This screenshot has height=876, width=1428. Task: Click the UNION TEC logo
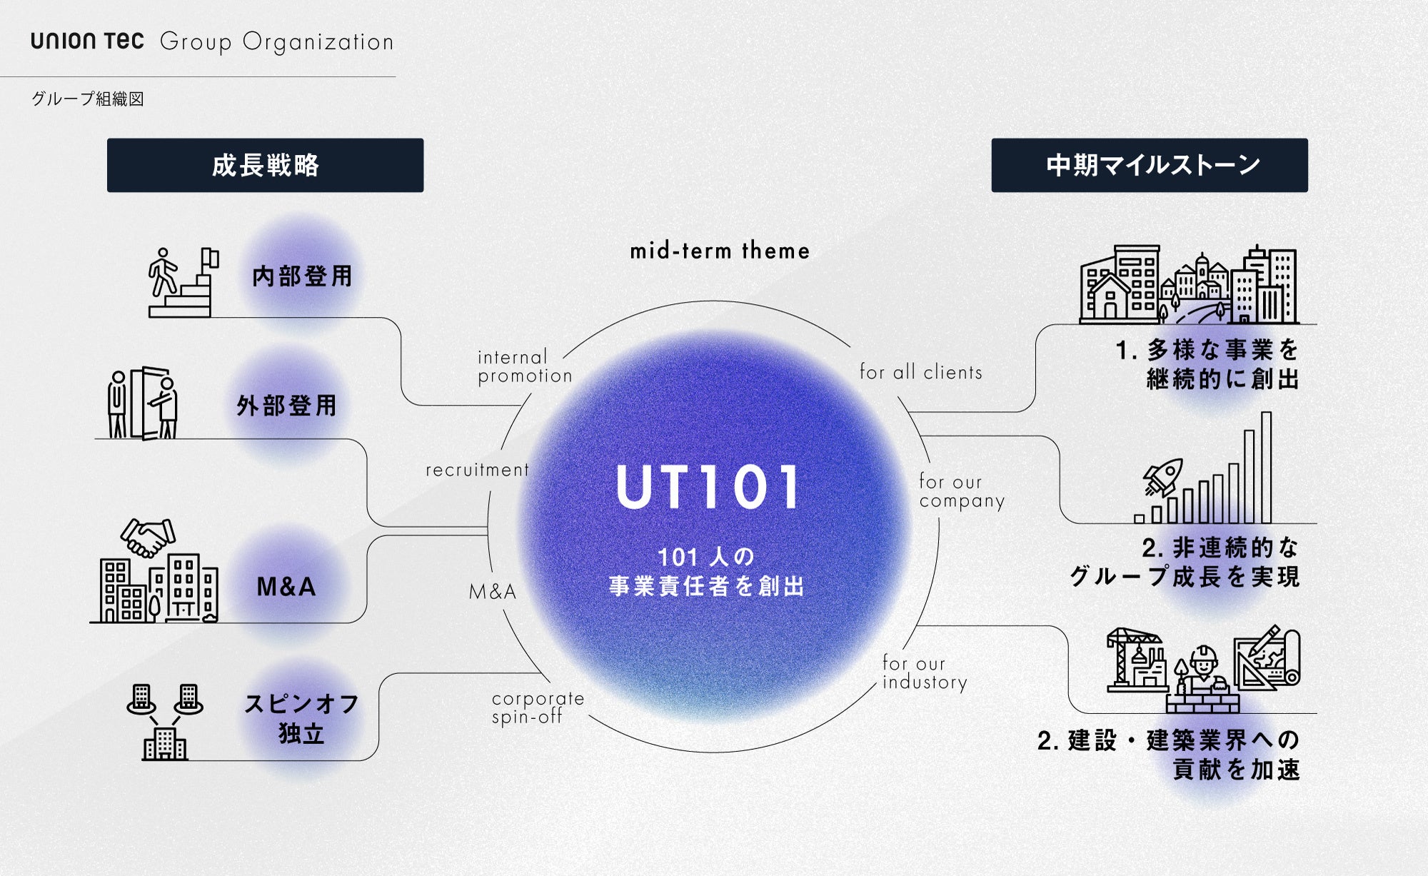(x=87, y=41)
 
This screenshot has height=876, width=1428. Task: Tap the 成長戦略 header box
(x=265, y=165)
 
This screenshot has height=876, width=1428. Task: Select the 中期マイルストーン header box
(x=1150, y=165)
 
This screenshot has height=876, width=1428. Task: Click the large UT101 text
(x=708, y=488)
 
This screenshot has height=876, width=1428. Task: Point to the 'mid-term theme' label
(x=720, y=251)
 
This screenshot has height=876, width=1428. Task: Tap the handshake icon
(x=148, y=537)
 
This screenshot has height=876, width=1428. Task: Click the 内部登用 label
(x=302, y=276)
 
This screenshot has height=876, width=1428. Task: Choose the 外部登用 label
(x=286, y=406)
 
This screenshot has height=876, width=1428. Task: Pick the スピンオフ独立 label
(x=301, y=718)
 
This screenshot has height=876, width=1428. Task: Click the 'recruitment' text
(x=478, y=470)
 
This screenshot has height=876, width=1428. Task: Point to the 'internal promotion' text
(x=524, y=366)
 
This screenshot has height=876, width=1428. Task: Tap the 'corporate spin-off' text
(x=538, y=708)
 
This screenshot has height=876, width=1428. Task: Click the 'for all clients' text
(x=920, y=372)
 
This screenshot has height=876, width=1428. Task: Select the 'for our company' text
(x=961, y=491)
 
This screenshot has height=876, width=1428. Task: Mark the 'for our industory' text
(x=925, y=673)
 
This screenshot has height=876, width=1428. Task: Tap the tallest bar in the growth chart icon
(x=1266, y=468)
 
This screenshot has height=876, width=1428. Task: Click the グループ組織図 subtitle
(x=88, y=99)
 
